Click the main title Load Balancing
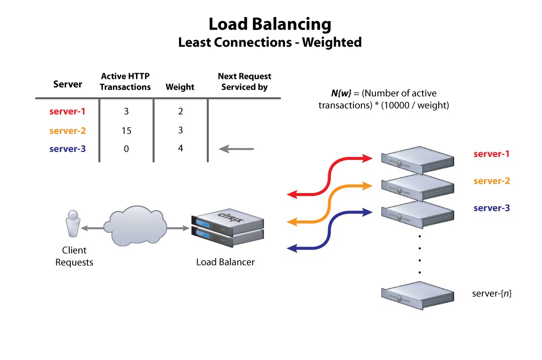270,24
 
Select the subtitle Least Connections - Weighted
270,43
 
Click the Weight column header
180,87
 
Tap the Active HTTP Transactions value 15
126,130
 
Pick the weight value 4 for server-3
180,148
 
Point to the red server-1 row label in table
67,111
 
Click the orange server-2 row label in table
67,131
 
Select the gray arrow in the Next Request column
237,148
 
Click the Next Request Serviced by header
244,82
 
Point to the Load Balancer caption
225,262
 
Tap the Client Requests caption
74,256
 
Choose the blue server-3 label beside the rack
491,208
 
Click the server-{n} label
492,293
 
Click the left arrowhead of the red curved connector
292,195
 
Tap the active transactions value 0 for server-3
126,148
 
